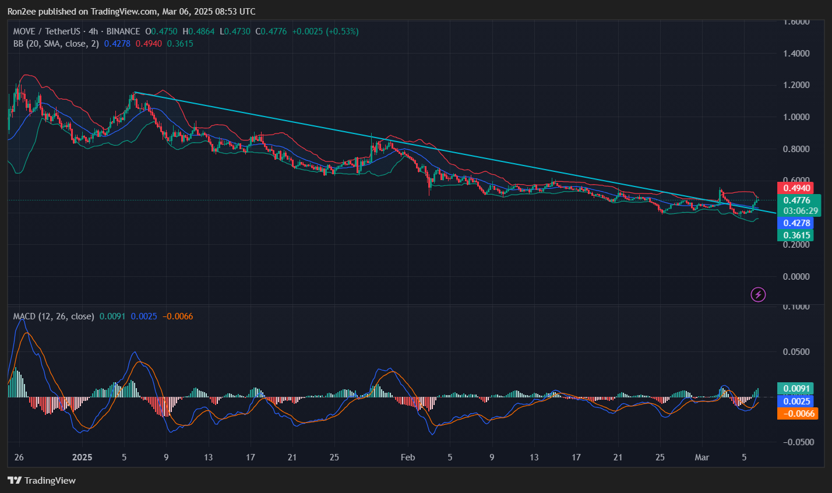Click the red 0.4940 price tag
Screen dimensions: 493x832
796,188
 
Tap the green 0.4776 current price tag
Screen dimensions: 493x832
796,200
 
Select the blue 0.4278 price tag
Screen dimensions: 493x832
796,223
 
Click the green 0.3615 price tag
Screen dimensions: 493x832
796,235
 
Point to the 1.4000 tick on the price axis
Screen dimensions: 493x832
796,54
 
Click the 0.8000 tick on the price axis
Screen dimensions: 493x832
796,149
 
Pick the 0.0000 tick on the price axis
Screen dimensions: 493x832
796,277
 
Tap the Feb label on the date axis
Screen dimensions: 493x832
408,457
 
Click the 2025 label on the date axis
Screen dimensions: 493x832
82,457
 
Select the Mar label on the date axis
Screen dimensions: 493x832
702,457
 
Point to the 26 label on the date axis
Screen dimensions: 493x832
19,457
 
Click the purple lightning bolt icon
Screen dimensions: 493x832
758,295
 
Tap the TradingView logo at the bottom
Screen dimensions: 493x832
42,481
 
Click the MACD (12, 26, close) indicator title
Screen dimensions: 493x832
54,316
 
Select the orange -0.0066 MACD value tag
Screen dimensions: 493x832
797,413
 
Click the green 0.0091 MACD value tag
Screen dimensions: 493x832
796,389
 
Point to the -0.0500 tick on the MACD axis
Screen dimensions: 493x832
796,442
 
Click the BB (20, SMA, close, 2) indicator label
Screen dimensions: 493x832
57,44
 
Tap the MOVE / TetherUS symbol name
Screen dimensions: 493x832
47,31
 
